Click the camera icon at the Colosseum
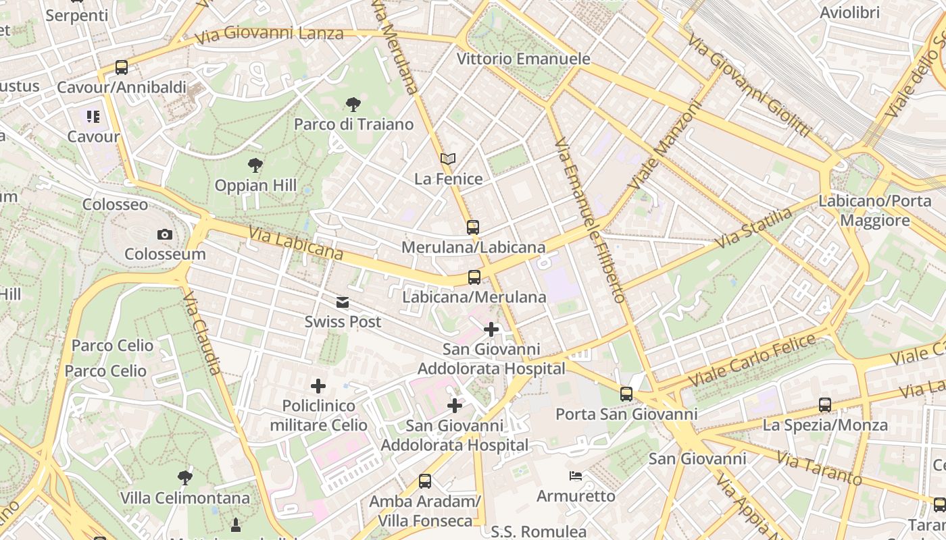[x=164, y=235]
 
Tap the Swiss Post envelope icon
[x=343, y=302]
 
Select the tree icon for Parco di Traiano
[x=353, y=105]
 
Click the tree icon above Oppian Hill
[x=255, y=165]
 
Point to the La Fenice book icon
[x=448, y=159]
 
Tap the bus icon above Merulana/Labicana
[x=473, y=227]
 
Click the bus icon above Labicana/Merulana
[x=474, y=277]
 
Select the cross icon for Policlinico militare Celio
[x=318, y=386]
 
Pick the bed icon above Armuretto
[x=576, y=477]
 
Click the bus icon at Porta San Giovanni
[x=626, y=394]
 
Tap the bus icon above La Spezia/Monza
[x=825, y=405]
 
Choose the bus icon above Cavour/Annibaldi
[x=122, y=67]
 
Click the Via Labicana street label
[x=295, y=244]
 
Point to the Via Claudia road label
[x=202, y=333]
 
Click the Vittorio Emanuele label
[x=524, y=59]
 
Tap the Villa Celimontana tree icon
[x=184, y=479]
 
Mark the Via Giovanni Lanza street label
[x=269, y=33]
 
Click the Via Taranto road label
[x=820, y=468]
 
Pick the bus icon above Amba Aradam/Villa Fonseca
[x=425, y=481]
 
